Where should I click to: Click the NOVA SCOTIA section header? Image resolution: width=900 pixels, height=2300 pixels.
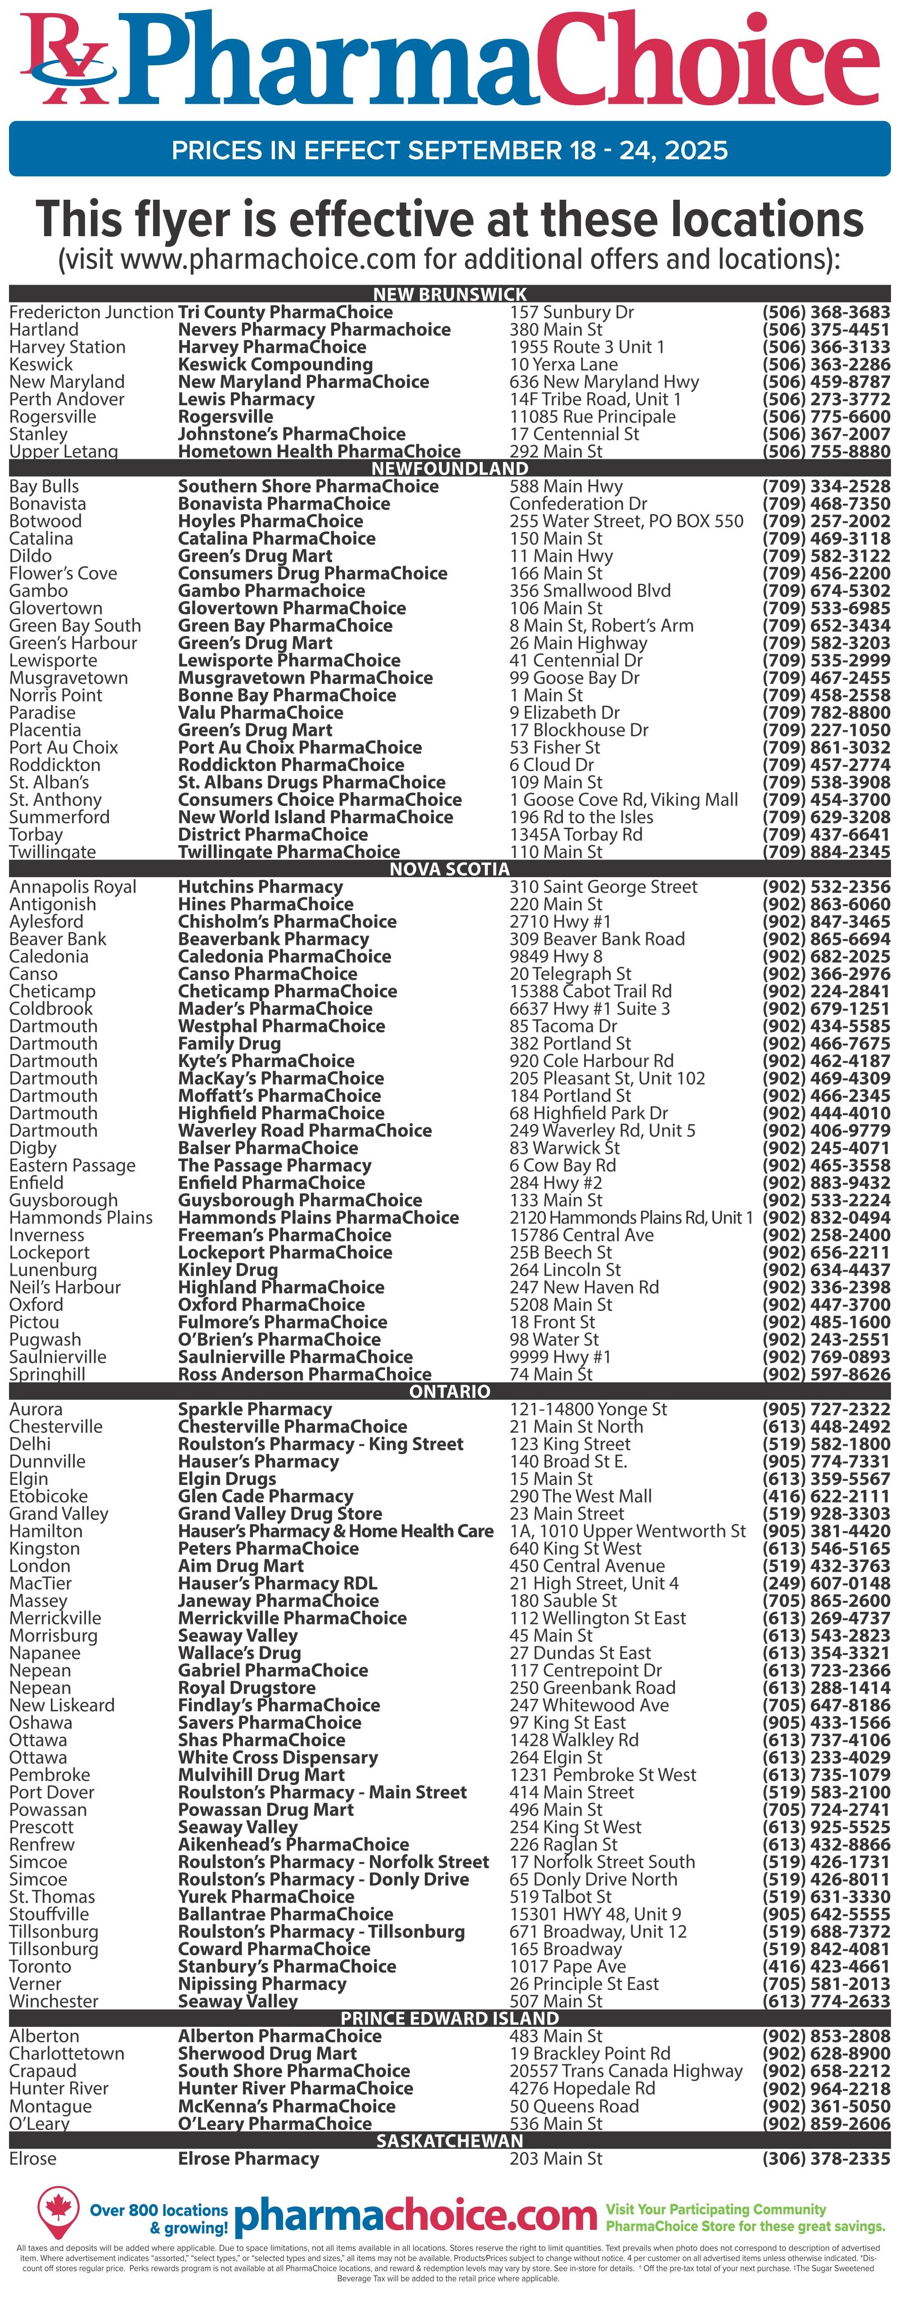point(450,869)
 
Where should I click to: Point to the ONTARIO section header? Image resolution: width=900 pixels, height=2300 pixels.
point(450,1391)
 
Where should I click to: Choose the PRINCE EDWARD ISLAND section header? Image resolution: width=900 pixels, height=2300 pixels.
point(450,2019)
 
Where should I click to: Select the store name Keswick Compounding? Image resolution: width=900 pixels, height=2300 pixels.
point(275,364)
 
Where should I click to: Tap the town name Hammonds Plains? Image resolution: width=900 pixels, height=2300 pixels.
point(81,1218)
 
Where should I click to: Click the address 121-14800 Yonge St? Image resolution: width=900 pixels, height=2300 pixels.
point(588,1409)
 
